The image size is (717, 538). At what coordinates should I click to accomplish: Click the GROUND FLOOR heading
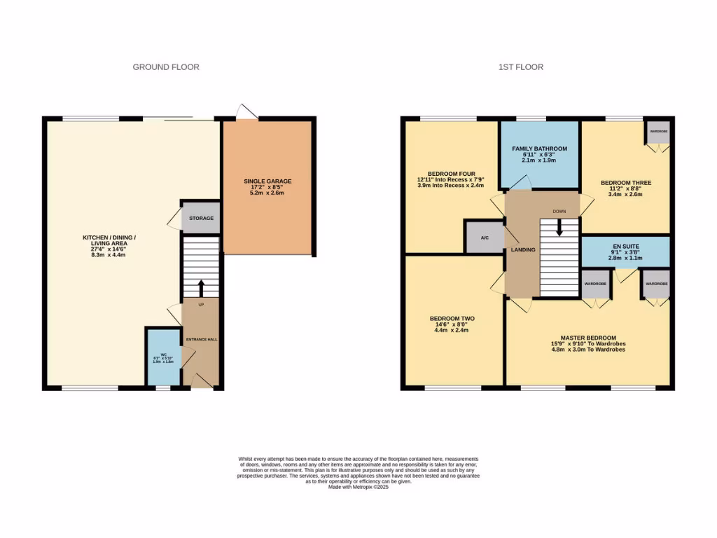tap(166, 67)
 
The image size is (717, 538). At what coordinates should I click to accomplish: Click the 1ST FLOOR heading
tap(520, 67)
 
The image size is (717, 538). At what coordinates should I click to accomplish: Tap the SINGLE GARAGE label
tap(267, 181)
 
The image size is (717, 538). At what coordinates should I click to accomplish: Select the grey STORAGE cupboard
tap(201, 219)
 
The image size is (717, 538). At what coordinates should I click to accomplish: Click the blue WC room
tap(162, 357)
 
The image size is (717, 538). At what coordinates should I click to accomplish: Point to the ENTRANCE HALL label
tap(201, 340)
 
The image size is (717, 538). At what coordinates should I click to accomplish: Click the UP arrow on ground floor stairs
tap(202, 287)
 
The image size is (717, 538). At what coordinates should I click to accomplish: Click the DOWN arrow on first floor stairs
tap(559, 228)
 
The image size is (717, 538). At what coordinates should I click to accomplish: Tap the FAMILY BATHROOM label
tap(539, 149)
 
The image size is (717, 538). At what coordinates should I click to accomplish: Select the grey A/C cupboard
tap(485, 237)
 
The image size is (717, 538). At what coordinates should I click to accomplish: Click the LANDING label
tap(523, 249)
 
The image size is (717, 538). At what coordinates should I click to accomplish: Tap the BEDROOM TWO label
tap(452, 319)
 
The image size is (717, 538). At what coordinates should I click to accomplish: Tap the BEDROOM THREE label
tap(625, 183)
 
